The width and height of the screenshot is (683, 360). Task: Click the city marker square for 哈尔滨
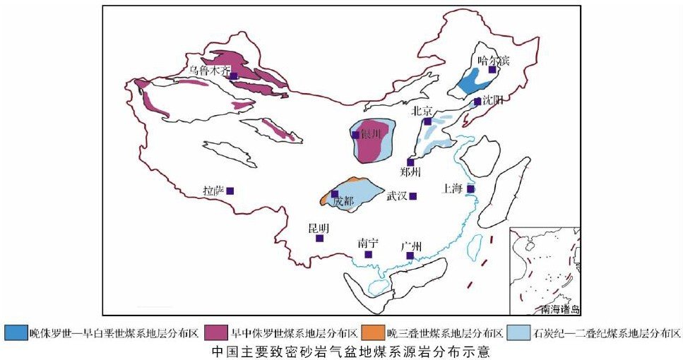point(492,70)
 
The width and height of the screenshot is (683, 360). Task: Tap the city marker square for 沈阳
point(477,102)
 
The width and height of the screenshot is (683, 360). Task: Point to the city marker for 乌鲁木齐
point(234,76)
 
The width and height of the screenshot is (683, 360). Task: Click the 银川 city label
point(371,133)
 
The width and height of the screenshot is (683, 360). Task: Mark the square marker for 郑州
point(410,162)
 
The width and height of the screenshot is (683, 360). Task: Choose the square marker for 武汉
point(413,196)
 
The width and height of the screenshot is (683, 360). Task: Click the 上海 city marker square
point(470,188)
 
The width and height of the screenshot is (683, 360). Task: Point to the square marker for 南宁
point(368,254)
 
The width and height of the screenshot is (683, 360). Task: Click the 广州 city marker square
point(410,256)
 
